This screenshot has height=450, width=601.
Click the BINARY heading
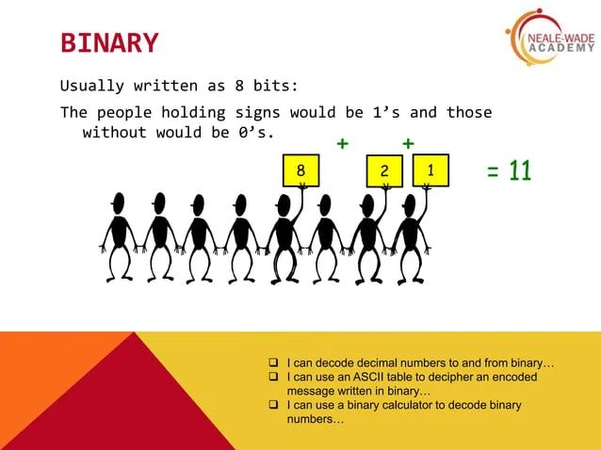point(109,43)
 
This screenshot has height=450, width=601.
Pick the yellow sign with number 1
point(430,170)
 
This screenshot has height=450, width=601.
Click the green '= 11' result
point(509,171)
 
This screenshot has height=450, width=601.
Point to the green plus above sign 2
point(342,144)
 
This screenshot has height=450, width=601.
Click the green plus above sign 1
point(408,143)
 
